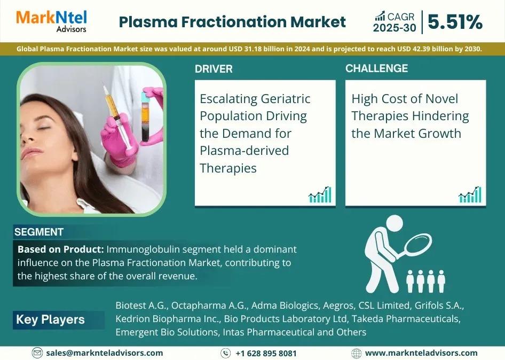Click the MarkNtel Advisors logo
tap(51, 21)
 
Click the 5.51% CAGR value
tap(455, 22)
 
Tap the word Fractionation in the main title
tap(234, 22)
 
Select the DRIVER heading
tap(214, 69)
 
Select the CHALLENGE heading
tap(376, 68)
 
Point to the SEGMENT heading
tap(38, 232)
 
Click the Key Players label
tap(50, 319)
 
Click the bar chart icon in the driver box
tap(319, 194)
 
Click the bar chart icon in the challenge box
tap(470, 194)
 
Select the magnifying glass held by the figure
tap(414, 247)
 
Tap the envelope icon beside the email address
tap(37, 353)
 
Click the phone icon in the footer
tap(225, 353)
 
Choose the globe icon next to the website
tap(356, 353)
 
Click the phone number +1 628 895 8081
tap(266, 353)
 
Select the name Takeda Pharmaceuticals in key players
tap(406, 319)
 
